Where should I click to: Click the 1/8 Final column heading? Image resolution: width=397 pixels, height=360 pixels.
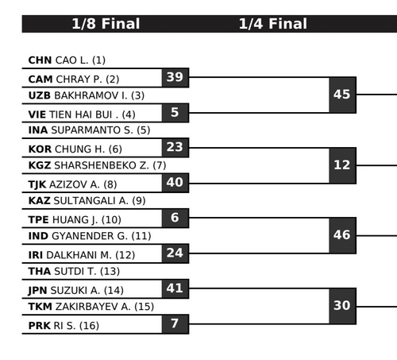[x=106, y=24]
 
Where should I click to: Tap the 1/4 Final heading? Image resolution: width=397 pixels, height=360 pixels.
[x=273, y=24]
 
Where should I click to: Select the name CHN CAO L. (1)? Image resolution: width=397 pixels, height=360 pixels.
[x=67, y=60]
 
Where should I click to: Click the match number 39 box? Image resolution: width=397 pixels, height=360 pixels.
[x=175, y=78]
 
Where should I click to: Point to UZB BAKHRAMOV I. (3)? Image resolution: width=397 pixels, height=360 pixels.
[x=87, y=95]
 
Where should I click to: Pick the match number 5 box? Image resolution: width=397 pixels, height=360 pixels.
[x=175, y=113]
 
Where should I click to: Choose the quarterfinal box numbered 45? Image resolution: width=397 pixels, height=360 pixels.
[x=342, y=95]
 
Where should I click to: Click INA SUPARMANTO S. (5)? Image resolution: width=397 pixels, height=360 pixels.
[x=89, y=130]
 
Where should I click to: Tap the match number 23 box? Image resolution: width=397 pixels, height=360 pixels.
[x=175, y=148]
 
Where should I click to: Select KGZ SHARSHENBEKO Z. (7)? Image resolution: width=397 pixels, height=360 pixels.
[x=97, y=165]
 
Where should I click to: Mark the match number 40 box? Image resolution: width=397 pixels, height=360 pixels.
[x=175, y=183]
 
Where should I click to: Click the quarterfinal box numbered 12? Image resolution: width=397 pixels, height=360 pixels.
[x=342, y=165]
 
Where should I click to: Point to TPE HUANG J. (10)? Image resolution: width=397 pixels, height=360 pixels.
[x=75, y=220]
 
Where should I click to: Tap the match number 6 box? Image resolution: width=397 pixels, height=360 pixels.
[x=175, y=219]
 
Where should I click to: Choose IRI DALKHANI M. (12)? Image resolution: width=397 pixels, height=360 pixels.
[x=82, y=255]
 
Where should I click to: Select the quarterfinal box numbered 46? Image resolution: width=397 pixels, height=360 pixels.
[x=342, y=235]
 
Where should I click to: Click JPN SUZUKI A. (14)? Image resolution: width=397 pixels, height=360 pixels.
[x=76, y=290]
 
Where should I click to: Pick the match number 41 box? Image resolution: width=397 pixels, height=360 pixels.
[x=175, y=288]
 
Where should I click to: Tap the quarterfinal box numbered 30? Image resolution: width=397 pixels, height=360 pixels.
[x=342, y=306]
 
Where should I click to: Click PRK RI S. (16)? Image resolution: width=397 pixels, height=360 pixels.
[x=64, y=326]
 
